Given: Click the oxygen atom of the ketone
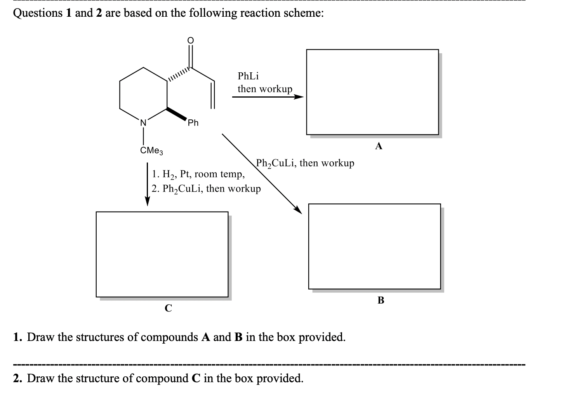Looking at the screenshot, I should coord(190,40).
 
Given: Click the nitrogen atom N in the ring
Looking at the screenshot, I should coord(143,122).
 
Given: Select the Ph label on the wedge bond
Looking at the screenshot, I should coord(193,123).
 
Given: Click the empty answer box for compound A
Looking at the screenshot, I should coord(372,92).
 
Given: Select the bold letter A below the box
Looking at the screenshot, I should coord(379,146).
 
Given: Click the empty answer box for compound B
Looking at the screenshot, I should coord(374,246).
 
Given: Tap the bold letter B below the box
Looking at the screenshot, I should coord(381,300).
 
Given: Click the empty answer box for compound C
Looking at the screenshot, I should coord(162,254).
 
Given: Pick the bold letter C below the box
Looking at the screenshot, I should coord(168,308).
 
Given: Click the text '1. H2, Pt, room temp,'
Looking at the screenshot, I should coord(198,174).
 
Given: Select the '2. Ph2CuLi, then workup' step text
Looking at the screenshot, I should coord(206,189).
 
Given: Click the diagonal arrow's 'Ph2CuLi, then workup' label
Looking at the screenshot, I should coord(305,163).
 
